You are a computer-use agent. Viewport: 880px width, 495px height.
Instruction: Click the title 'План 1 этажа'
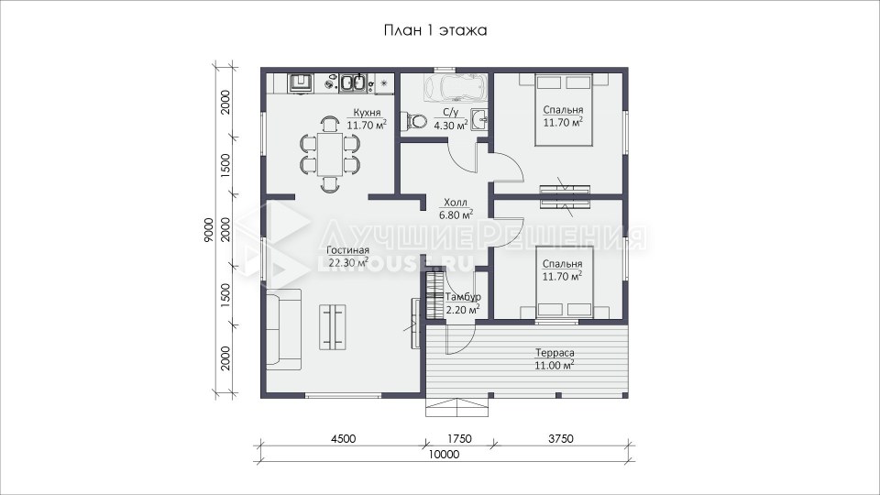tap(434, 30)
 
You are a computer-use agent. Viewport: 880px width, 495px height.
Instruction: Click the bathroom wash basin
tap(478, 120)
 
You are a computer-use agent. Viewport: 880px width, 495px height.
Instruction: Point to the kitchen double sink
tap(353, 83)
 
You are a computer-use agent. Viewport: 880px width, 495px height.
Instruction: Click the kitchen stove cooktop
tap(301, 83)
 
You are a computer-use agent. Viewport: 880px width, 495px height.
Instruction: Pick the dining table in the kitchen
tap(330, 154)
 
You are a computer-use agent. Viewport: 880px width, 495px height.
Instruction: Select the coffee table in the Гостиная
tap(333, 326)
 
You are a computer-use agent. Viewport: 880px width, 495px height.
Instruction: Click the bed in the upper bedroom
tap(564, 110)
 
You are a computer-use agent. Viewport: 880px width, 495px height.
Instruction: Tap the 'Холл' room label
tap(456, 203)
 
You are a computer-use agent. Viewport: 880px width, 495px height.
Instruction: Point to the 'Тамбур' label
tap(463, 297)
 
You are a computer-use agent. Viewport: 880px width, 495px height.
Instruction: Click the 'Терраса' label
tap(555, 353)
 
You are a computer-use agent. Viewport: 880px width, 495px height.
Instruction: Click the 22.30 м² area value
tap(348, 262)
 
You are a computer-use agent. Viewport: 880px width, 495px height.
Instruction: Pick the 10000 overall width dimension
tap(444, 454)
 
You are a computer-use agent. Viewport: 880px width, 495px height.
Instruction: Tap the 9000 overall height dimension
tap(209, 230)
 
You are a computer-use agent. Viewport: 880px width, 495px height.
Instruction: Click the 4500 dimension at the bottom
tap(343, 438)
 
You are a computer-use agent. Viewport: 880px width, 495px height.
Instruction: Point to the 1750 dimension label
tap(459, 438)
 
